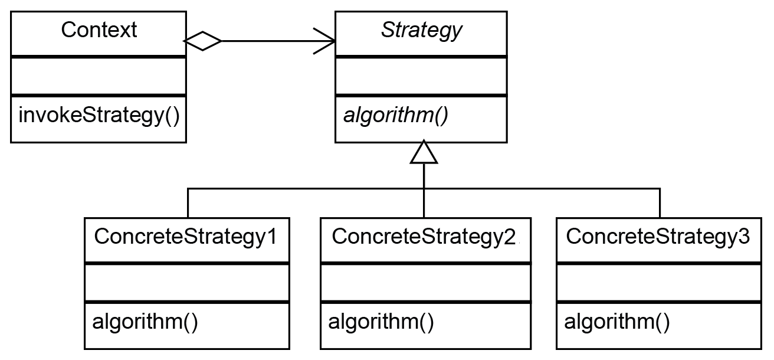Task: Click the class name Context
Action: point(99,30)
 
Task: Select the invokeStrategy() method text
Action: point(99,115)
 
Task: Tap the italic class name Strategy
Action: point(421,30)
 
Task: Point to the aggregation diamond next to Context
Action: point(203,41)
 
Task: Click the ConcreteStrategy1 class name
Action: point(186,237)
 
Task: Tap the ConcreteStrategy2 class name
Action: point(422,237)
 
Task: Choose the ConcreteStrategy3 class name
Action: point(658,237)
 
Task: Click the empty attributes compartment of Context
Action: point(99,76)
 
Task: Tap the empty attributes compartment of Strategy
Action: point(421,76)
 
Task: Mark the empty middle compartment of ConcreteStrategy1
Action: point(186,283)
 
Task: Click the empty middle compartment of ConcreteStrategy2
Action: point(422,283)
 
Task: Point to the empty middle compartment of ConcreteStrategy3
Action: point(658,283)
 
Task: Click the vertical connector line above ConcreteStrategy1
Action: point(188,204)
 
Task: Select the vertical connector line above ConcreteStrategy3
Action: point(660,204)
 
